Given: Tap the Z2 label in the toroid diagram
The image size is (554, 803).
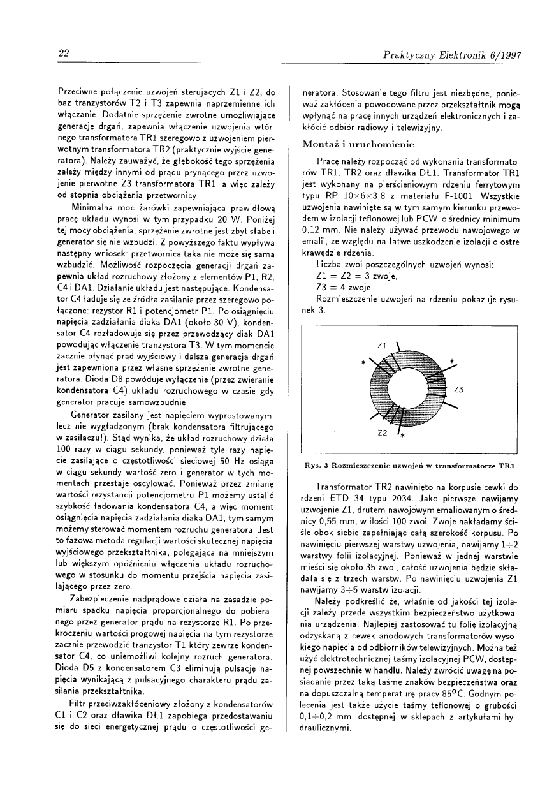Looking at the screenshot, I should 383,433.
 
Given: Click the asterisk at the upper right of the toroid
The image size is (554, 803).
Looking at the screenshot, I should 451,362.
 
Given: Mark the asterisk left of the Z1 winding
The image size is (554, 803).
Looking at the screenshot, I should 363,362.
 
